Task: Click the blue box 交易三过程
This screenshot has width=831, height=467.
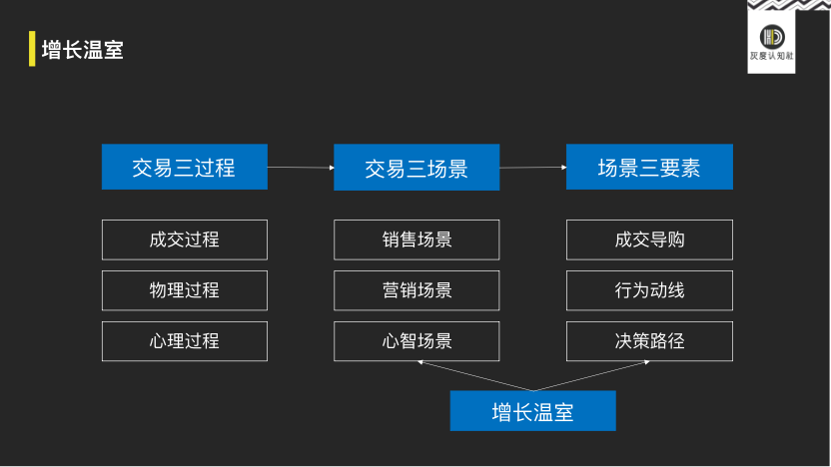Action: pyautogui.click(x=184, y=167)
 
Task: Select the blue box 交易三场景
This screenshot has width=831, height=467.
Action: pyautogui.click(x=415, y=167)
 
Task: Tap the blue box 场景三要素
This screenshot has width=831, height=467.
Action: pyautogui.click(x=649, y=167)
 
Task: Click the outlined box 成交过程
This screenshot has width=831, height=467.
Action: pyautogui.click(x=184, y=239)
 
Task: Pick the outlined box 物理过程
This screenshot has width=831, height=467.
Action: pyautogui.click(x=184, y=290)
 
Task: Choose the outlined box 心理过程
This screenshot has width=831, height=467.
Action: pyautogui.click(x=184, y=341)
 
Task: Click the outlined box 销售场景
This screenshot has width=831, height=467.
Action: pyautogui.click(x=415, y=239)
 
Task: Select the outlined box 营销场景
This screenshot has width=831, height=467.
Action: pyautogui.click(x=415, y=290)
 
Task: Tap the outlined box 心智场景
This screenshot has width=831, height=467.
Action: pyautogui.click(x=415, y=341)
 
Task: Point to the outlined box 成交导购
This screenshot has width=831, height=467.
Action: pyautogui.click(x=649, y=239)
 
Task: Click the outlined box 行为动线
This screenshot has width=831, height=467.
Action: pyautogui.click(x=649, y=290)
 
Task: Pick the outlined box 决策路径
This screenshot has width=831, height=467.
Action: pyautogui.click(x=649, y=341)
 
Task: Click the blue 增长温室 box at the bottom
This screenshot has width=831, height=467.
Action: pyautogui.click(x=532, y=411)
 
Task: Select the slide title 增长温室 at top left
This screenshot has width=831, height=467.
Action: pyautogui.click(x=83, y=50)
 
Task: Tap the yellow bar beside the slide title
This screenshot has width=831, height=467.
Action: pyautogui.click(x=32, y=50)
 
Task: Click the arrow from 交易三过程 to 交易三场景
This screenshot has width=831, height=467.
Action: pyautogui.click(x=301, y=167)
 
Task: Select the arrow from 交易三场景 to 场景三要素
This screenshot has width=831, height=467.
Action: pyautogui.click(x=532, y=167)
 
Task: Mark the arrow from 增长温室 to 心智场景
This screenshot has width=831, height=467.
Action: pyautogui.click(x=473, y=375)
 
